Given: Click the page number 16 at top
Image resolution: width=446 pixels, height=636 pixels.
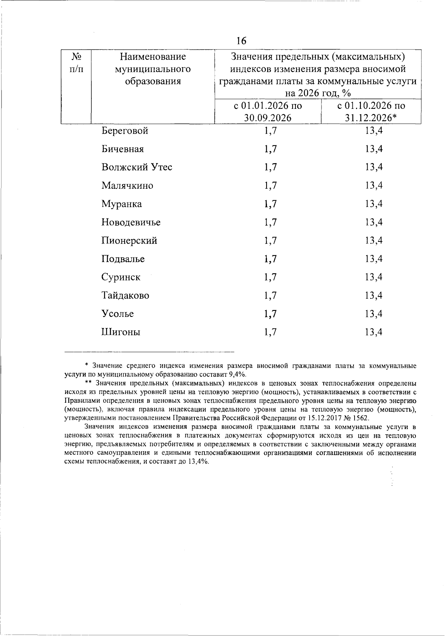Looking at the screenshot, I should pyautogui.click(x=241, y=40).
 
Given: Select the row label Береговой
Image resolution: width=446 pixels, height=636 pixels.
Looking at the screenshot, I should pyautogui.click(x=125, y=131).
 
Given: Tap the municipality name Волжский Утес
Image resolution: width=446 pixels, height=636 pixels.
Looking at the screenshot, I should pyautogui.click(x=137, y=167).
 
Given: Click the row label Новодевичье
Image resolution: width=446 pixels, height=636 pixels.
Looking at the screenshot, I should pyautogui.click(x=131, y=222).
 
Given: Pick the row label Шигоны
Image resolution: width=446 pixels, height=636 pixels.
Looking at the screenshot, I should pyautogui.click(x=121, y=332).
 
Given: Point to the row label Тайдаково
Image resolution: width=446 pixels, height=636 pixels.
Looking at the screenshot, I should pyautogui.click(x=125, y=295).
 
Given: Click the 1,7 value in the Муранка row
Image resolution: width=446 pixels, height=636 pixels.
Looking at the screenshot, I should pyautogui.click(x=271, y=204).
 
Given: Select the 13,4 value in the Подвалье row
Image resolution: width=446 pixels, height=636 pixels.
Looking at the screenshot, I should pyautogui.click(x=374, y=259).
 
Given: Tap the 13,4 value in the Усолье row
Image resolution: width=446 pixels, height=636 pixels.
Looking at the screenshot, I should pyautogui.click(x=374, y=314).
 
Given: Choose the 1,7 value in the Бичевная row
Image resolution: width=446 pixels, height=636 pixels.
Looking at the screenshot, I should pyautogui.click(x=271, y=149).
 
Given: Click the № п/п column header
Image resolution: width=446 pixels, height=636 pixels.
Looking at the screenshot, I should pyautogui.click(x=76, y=62).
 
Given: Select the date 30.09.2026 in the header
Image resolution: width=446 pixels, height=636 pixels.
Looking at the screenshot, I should pyautogui.click(x=268, y=118).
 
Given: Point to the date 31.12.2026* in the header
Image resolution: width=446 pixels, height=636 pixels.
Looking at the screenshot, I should pyautogui.click(x=371, y=118).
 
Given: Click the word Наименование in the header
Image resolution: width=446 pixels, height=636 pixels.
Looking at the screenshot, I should pyautogui.click(x=152, y=57).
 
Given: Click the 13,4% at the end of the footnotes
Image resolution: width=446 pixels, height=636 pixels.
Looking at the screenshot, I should pyautogui.click(x=199, y=461).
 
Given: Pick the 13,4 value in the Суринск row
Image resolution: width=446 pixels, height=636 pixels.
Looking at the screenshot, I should pyautogui.click(x=374, y=277).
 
